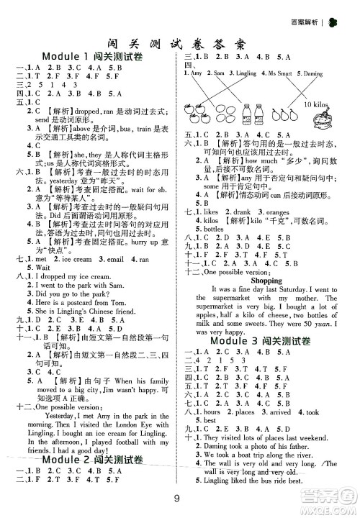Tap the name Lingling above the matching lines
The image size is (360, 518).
[246, 73]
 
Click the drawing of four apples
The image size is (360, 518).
[204, 113]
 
